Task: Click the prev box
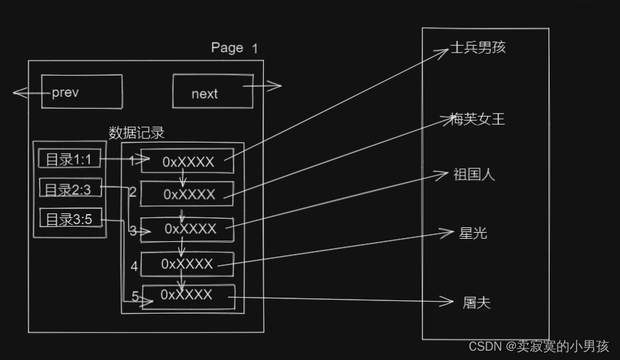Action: [x=82, y=91]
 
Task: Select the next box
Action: [x=212, y=91]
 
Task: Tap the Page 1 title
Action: [x=234, y=48]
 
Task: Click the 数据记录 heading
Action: [x=137, y=133]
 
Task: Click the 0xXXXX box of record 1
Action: [x=188, y=162]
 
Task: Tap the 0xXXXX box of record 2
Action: [x=188, y=194]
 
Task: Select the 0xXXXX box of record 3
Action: [x=189, y=228]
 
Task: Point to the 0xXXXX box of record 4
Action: [x=188, y=264]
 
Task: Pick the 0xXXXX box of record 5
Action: [x=189, y=295]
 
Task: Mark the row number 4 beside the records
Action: [x=135, y=267]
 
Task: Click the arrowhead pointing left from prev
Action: [x=17, y=93]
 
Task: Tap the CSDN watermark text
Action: [x=538, y=346]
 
